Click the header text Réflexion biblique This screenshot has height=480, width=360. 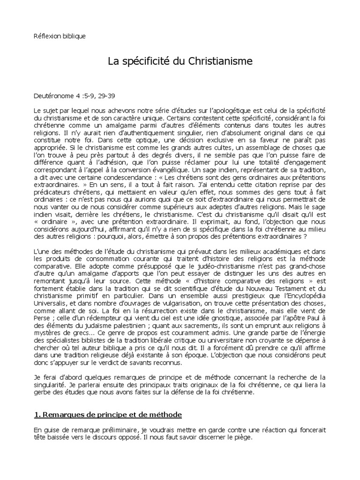(x=60, y=36)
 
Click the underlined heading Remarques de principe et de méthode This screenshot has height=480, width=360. (x=108, y=415)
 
